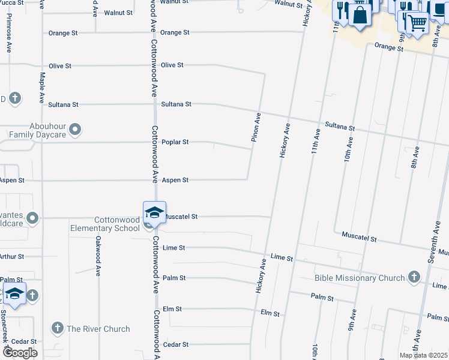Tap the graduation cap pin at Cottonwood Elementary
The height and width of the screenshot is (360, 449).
click(x=154, y=213)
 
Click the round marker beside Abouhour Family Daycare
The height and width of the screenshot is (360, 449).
click(x=75, y=128)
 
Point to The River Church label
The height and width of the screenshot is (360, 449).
click(x=98, y=329)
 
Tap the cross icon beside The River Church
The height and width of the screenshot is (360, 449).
click(x=57, y=328)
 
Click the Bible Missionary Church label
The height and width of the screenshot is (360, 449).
click(x=359, y=278)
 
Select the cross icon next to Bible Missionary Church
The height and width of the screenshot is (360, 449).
click(x=414, y=277)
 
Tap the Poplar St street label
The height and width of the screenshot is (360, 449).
click(x=175, y=142)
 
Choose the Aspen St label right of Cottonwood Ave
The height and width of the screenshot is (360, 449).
click(x=175, y=180)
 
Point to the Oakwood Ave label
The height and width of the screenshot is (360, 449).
click(x=98, y=256)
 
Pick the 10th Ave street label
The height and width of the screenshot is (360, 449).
click(x=348, y=149)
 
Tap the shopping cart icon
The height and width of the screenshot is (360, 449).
click(x=417, y=23)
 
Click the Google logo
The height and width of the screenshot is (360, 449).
click(x=20, y=353)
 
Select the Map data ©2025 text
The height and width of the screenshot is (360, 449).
click(x=424, y=355)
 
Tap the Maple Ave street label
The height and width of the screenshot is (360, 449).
click(x=42, y=88)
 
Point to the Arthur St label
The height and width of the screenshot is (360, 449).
click(x=12, y=256)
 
